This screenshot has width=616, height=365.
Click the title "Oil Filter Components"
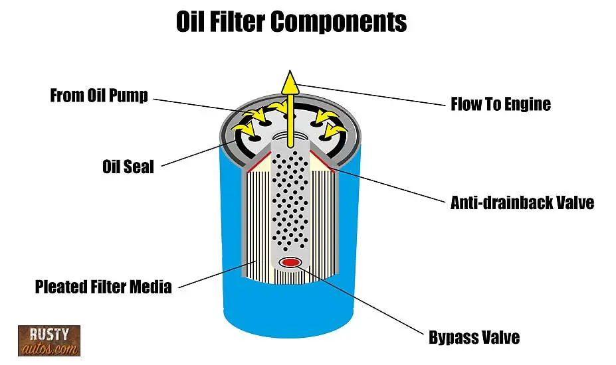tap(291, 21)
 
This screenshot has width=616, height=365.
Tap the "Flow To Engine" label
tap(500, 104)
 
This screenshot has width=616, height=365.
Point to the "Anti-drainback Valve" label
tap(522, 202)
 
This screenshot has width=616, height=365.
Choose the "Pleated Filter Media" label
tap(103, 287)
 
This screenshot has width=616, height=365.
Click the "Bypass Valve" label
tap(474, 338)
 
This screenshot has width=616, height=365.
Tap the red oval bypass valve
tap(290, 263)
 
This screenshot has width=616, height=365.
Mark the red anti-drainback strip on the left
tap(252, 163)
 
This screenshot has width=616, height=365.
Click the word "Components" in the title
tap(339, 21)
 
